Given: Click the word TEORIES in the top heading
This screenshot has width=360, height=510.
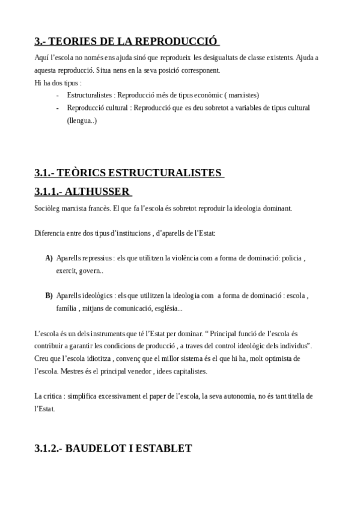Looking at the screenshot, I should tap(68, 41).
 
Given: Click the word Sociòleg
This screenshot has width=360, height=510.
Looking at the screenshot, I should tap(48, 208).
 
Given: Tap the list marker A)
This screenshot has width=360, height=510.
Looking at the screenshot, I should tap(49, 258).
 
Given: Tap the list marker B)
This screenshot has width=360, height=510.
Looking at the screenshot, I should tap(49, 296).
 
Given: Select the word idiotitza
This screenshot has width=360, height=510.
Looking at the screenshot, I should tap(97, 358).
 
